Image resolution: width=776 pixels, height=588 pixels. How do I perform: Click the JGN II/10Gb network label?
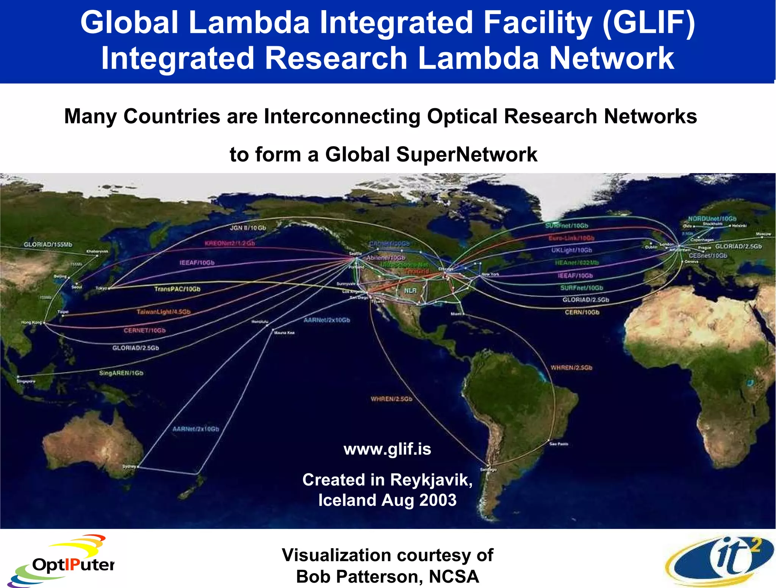[248, 228]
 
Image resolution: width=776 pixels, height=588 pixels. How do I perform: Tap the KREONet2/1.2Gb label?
[230, 243]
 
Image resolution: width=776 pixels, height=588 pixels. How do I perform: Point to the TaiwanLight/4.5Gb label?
[164, 312]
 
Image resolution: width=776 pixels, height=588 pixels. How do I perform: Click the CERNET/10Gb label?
[145, 331]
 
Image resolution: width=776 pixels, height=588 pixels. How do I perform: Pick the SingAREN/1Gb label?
[121, 373]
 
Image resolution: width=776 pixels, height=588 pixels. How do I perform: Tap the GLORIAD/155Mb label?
[48, 245]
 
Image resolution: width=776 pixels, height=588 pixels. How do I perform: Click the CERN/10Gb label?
[582, 312]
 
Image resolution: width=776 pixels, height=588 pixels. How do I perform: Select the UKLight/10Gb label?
[571, 250]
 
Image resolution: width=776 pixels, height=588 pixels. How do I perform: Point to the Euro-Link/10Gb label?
[571, 238]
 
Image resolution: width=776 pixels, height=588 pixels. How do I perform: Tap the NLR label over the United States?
[410, 290]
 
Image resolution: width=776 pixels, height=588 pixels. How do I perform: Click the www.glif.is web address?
[387, 449]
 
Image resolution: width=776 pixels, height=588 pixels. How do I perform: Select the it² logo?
[720, 560]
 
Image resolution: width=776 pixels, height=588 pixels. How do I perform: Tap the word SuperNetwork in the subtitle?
[467, 154]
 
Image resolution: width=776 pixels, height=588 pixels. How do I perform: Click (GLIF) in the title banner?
[648, 23]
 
